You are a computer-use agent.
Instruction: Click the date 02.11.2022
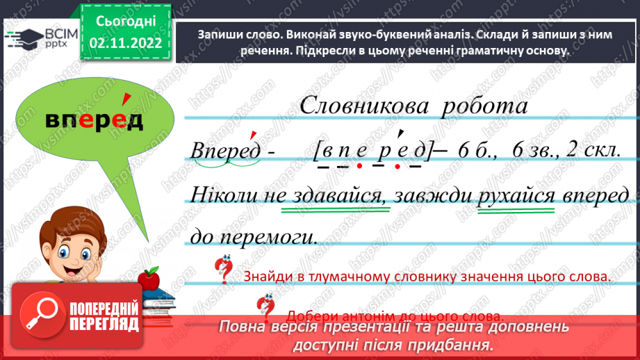pyautogui.click(x=126, y=43)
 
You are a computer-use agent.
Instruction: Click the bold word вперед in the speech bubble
pyautogui.click(x=94, y=121)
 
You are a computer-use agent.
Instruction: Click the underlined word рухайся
pyautogui.click(x=516, y=195)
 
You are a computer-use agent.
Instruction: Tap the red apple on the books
pyautogui.click(x=149, y=280)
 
